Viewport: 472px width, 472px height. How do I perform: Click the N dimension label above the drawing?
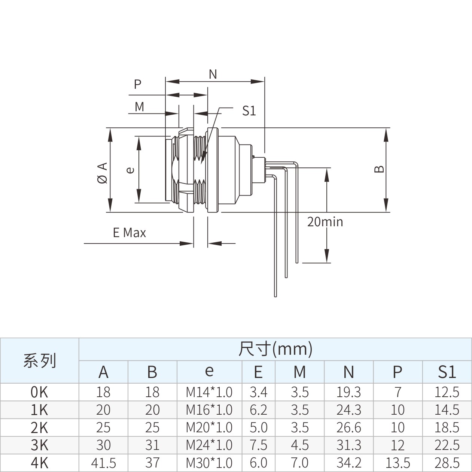[213, 74]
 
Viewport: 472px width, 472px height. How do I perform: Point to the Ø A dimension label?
[103, 173]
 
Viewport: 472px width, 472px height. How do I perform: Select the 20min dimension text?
[325, 222]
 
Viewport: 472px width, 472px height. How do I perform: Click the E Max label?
[130, 233]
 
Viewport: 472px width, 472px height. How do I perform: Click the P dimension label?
[138, 84]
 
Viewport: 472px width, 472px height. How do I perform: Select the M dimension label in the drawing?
[139, 107]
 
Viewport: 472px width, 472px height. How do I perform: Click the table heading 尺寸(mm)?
[275, 349]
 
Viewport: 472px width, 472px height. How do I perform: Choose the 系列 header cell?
[39, 360]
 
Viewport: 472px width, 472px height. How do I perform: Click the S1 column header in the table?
[447, 372]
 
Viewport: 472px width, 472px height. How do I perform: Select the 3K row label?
[39, 445]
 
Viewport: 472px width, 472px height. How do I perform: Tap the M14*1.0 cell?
[209, 392]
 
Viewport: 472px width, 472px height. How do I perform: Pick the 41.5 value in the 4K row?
[103, 463]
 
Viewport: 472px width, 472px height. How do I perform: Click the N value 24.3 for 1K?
[348, 410]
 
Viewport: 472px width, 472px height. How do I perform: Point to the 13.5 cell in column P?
[398, 463]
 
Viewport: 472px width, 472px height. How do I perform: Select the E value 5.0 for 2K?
[258, 427]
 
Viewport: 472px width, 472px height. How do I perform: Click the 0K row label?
[39, 392]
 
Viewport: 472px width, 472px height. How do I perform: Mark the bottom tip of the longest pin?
[275, 297]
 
